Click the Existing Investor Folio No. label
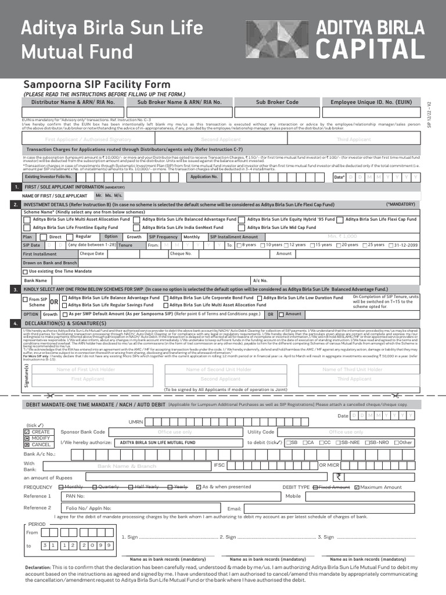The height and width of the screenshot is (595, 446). pyautogui.click(x=48, y=176)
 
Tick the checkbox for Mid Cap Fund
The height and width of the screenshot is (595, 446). pyautogui.click(x=243, y=228)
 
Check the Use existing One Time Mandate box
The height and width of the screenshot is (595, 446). pyautogui.click(x=26, y=271)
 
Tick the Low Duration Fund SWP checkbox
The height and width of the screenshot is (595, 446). pyautogui.click(x=259, y=298)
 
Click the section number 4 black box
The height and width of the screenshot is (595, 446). pyautogui.click(x=15, y=323)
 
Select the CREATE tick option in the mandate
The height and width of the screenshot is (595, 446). pyautogui.click(x=27, y=432)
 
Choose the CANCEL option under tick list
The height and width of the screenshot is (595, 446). pyautogui.click(x=27, y=445)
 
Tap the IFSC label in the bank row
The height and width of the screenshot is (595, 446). pyautogui.click(x=219, y=465)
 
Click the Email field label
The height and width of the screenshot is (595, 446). pyautogui.click(x=234, y=508)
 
